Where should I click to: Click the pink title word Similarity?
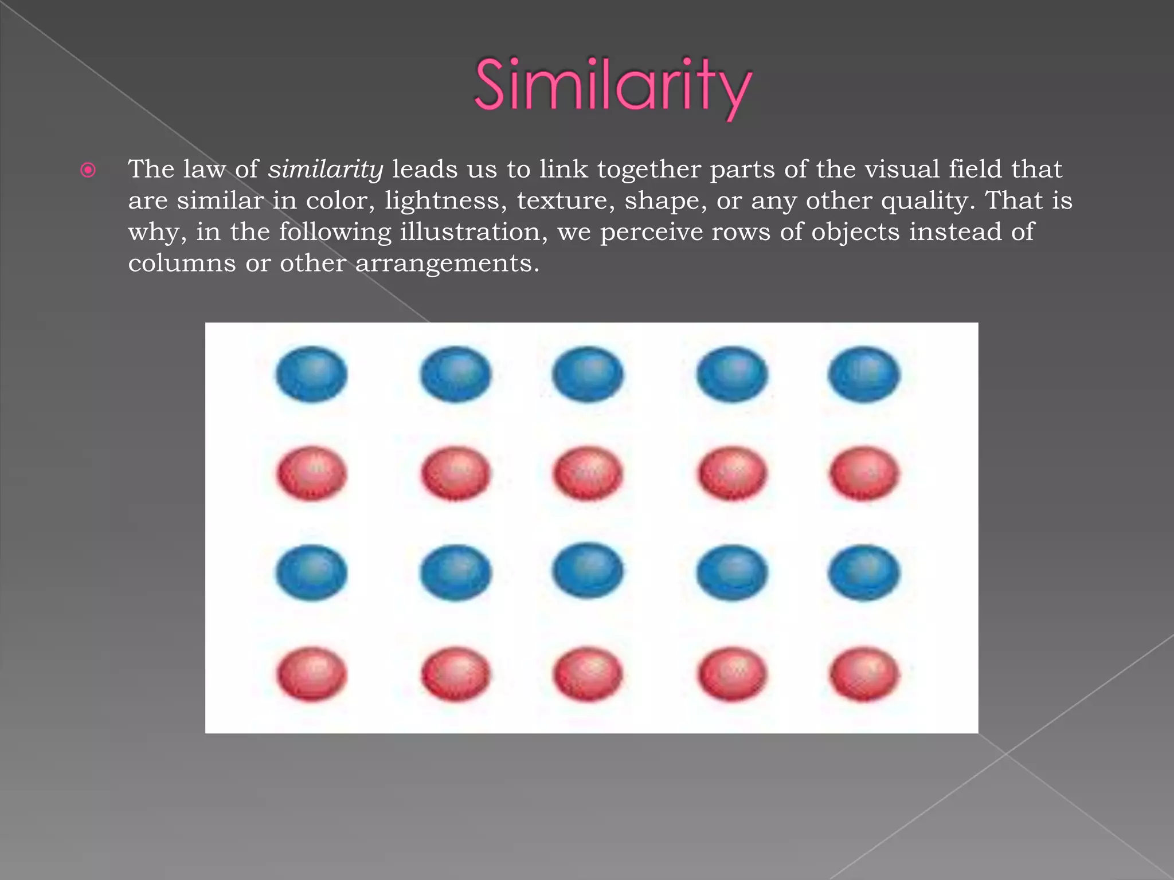(612, 86)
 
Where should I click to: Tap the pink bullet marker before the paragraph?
(88, 170)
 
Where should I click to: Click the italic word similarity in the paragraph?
(326, 169)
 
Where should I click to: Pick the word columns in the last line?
(182, 264)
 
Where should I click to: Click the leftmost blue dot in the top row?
(311, 374)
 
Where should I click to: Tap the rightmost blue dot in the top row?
(864, 374)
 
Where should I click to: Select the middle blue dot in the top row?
(588, 374)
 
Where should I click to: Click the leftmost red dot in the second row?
(311, 474)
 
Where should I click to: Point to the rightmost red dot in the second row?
(864, 474)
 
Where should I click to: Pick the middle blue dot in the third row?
(588, 571)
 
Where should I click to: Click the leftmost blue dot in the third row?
(311, 572)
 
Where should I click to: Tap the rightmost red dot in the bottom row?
(864, 674)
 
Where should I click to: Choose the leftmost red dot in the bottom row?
(311, 674)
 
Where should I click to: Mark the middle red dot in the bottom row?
(588, 674)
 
